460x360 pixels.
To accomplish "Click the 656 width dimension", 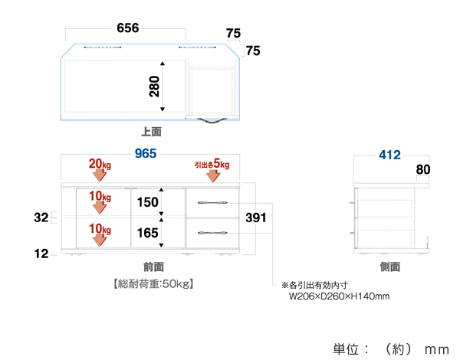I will pyautogui.click(x=127, y=28).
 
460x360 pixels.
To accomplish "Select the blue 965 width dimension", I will pyautogui.click(x=146, y=153).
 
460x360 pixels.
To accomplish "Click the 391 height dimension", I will pyautogui.click(x=256, y=218).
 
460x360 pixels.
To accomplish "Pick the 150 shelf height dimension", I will pyautogui.click(x=147, y=203).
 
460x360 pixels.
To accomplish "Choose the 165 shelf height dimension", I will pyautogui.click(x=147, y=233).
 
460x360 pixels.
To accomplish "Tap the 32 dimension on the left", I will pyautogui.click(x=41, y=218).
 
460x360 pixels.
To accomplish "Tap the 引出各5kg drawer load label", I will pyautogui.click(x=212, y=164).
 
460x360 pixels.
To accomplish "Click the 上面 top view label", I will pyautogui.click(x=152, y=132).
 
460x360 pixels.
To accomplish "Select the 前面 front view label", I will pyautogui.click(x=153, y=267).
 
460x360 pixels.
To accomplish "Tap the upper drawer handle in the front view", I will pyautogui.click(x=212, y=202).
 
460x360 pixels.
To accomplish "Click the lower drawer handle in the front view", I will pyautogui.click(x=212, y=232).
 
